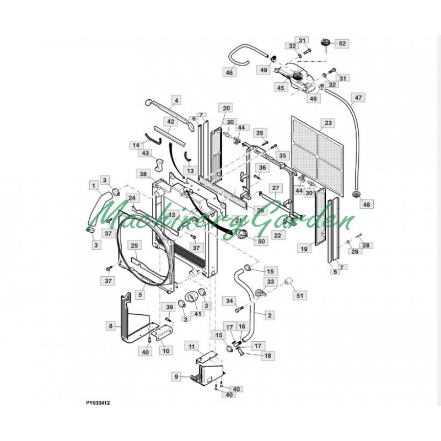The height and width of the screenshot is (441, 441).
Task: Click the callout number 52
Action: pos(342,44)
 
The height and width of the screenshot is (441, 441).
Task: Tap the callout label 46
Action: pos(229,72)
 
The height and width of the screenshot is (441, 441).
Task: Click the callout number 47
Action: pos(359,98)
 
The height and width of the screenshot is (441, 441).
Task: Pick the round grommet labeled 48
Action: pos(356,196)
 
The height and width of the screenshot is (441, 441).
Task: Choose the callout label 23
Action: pos(329,122)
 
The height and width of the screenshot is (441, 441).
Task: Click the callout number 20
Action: pos(227,107)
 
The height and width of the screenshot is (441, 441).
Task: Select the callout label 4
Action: pos(176,100)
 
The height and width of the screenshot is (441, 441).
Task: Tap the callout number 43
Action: pos(146,153)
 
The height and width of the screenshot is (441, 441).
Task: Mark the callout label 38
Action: pos(143,174)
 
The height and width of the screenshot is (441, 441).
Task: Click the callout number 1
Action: pos(95,185)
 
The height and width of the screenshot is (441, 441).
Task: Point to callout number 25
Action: pos(134,245)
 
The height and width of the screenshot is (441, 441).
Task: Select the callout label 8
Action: pos(111,326)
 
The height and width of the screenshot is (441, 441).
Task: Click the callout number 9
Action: pos(176,377)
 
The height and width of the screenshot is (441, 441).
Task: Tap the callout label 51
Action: pos(300,295)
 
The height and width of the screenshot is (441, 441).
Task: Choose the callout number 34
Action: pos(229,300)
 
